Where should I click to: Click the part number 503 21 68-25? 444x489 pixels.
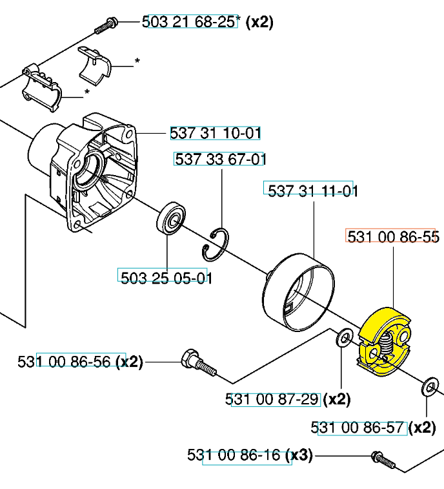coord(189,22)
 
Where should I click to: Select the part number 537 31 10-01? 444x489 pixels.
coord(216,133)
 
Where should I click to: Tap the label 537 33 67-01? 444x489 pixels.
coord(221,160)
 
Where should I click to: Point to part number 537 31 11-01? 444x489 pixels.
coord(313,191)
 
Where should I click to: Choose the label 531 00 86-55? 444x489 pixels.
coord(393,237)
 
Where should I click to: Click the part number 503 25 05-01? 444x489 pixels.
coord(166,278)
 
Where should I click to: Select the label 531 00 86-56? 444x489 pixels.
coord(64,362)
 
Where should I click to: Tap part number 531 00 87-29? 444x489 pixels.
coord(272,399)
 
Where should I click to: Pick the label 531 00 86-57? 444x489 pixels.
coord(358,427)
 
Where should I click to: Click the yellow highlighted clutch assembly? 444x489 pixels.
coord(384,342)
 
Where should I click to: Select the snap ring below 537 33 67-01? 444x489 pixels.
coord(216,245)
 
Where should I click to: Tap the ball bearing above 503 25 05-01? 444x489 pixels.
coord(171,217)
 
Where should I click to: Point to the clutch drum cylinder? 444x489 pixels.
coord(298,292)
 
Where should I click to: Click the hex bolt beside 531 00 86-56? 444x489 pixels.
coord(199,363)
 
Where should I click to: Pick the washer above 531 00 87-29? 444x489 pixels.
coord(345,338)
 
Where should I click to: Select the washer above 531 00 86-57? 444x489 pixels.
coord(430,388)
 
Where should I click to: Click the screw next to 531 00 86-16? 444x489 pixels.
coord(383,460)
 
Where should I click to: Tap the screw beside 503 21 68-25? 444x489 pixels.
coord(106,26)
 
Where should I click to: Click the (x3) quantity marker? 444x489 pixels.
coord(299,455)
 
